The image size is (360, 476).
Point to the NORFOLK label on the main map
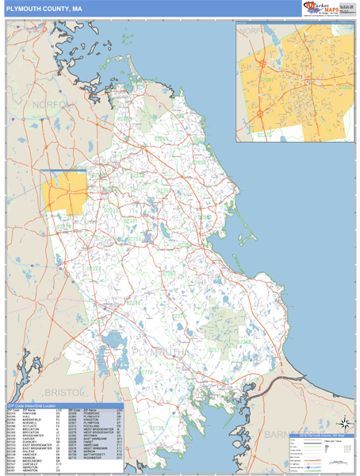tap(56, 104)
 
